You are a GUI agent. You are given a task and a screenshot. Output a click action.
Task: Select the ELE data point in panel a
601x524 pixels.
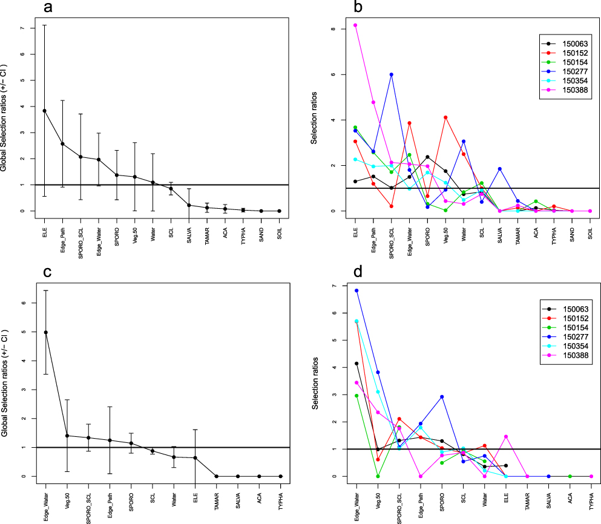[x=45, y=111]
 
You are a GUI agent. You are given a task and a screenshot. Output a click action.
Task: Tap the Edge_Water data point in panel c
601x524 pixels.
[x=45, y=332]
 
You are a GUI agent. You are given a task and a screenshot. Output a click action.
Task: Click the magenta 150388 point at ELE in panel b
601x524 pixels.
[x=355, y=25]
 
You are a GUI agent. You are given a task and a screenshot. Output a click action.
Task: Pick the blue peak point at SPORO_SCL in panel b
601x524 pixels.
[x=392, y=74]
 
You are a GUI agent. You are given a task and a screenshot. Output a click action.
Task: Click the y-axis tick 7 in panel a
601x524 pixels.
[x=21, y=28]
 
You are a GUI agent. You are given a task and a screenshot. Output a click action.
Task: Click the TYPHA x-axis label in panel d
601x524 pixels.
[x=591, y=496]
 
